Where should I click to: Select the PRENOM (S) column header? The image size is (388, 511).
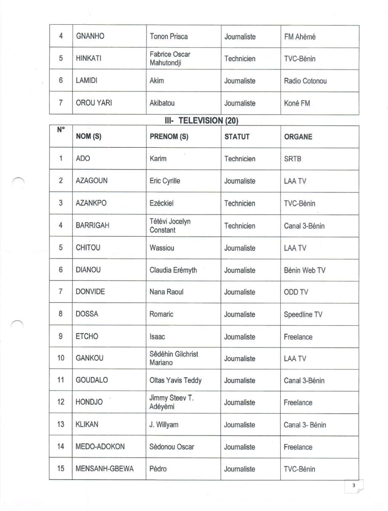169,137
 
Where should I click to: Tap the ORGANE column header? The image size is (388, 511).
298,137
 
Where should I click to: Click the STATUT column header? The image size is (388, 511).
237,137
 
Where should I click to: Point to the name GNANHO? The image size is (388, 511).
90,36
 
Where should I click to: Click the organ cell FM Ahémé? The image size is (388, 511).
300,37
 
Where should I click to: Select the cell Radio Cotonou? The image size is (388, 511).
305,81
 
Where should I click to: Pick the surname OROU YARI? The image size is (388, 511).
94,103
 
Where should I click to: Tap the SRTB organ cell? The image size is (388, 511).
293,158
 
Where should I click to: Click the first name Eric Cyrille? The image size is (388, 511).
165,181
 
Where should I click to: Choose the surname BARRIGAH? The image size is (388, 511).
92,225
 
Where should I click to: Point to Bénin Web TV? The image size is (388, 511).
305,270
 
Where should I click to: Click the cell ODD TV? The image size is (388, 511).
296,292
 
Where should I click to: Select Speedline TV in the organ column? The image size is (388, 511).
303,315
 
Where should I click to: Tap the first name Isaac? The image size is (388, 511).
157,337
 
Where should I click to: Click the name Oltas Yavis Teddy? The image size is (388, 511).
175,380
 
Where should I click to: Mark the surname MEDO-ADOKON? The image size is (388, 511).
100,447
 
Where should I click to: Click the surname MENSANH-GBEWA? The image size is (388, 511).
105,469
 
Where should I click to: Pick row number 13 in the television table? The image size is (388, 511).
61,424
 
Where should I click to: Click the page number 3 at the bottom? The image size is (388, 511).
353,486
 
